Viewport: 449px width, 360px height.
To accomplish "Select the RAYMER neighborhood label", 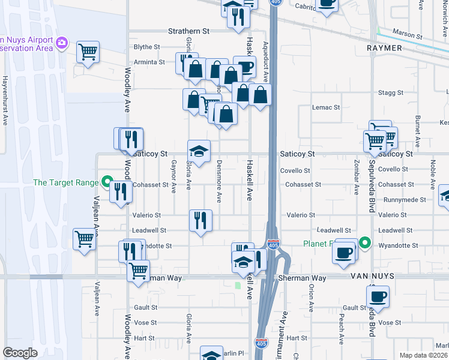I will pyautogui.click(x=385, y=48).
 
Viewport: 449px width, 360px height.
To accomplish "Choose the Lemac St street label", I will pyautogui.click(x=326, y=108).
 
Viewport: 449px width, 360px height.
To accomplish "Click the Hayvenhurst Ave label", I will pyautogui.click(x=5, y=100).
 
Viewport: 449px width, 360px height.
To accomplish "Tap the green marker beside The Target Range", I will pyautogui.click(x=107, y=181).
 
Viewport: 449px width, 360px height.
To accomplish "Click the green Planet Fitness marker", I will pyautogui.click(x=364, y=244).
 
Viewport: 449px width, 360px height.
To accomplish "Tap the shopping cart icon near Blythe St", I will pyautogui.click(x=88, y=52).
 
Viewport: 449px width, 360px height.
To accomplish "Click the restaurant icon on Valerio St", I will pyautogui.click(x=200, y=219).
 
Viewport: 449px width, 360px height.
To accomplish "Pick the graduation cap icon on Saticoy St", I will pyautogui.click(x=199, y=151).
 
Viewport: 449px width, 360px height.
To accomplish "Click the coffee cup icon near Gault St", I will pyautogui.click(x=378, y=296).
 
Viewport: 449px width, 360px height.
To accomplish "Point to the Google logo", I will pyautogui.click(x=20, y=352).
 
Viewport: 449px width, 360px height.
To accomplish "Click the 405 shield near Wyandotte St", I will pyautogui.click(x=273, y=244).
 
